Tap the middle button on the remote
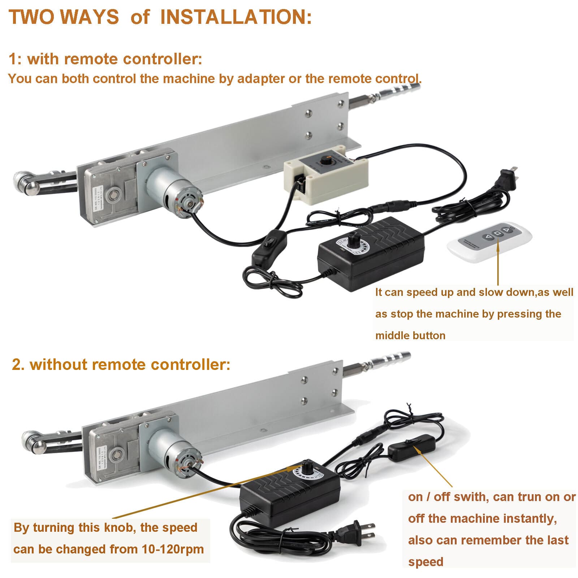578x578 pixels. (498, 233)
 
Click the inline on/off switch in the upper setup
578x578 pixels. (269, 246)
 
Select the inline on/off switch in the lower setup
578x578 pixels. (409, 448)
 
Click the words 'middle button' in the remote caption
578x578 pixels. (410, 336)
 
